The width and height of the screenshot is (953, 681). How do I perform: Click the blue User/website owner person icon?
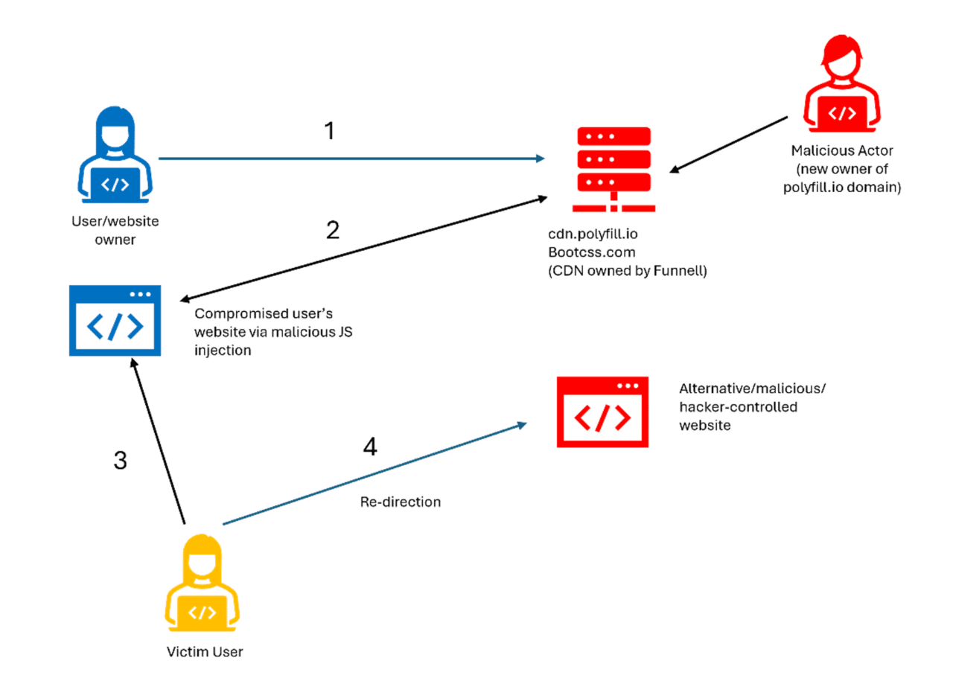115,157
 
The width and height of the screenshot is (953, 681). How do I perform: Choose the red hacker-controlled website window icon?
602,412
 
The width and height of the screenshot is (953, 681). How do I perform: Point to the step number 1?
329,131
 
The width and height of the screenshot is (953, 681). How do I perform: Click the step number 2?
333,229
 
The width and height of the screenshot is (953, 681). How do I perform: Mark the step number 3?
120,461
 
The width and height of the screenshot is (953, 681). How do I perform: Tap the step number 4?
369,447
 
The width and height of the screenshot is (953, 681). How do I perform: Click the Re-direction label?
400,502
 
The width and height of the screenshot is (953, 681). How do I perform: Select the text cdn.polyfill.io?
593,234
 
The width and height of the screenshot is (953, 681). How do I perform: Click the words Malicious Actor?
841,151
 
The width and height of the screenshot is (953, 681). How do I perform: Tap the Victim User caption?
205,653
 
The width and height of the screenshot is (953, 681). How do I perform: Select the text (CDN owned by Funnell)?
627,272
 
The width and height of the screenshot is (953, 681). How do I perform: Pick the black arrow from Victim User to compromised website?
157,440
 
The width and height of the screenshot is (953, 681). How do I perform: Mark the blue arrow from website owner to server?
350,158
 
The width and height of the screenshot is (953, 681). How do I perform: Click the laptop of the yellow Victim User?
202,613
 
